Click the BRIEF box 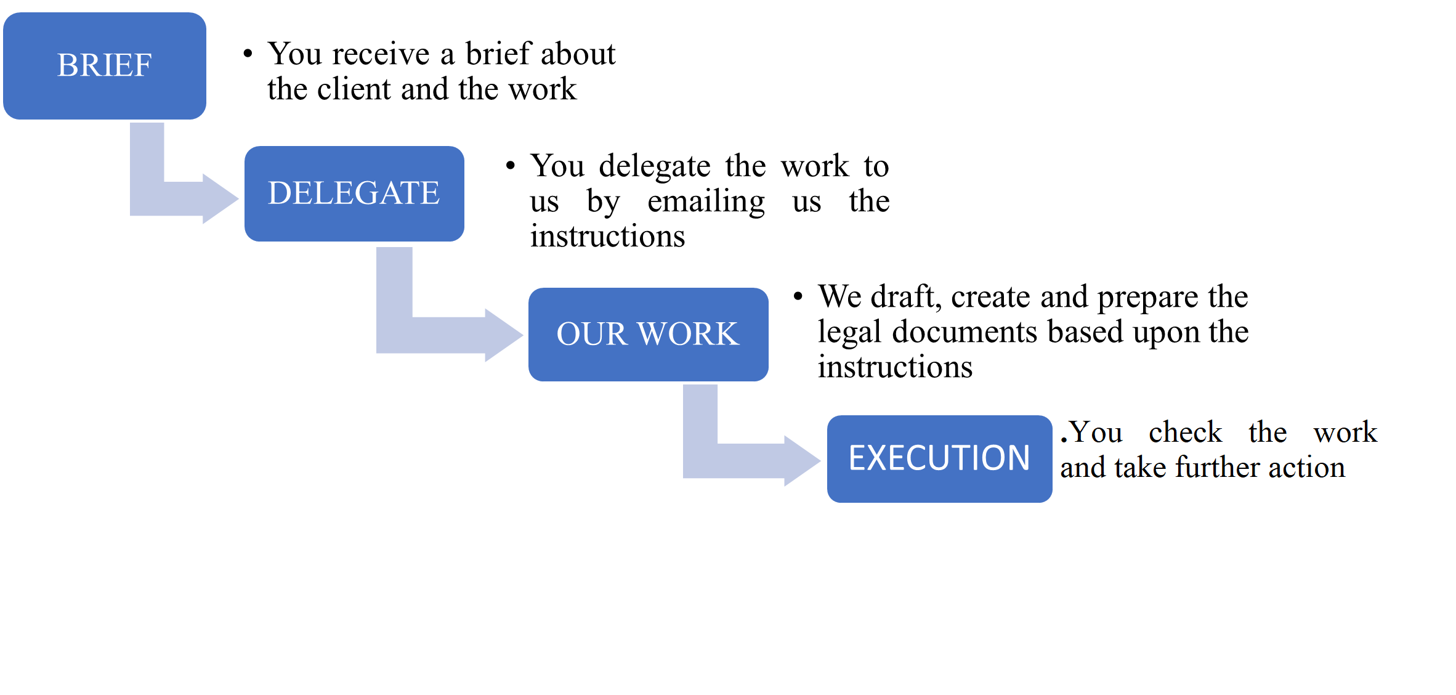(x=105, y=65)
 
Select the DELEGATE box (x=354, y=193)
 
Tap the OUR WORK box (x=648, y=334)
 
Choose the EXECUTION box (x=939, y=458)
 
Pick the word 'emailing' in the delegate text (x=706, y=201)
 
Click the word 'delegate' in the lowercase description (x=655, y=166)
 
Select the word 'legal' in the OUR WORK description (x=849, y=332)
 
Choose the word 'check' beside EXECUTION (x=1185, y=433)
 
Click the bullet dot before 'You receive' (x=248, y=54)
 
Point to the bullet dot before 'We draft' (x=798, y=297)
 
